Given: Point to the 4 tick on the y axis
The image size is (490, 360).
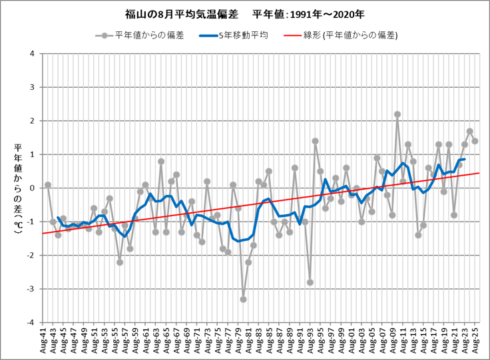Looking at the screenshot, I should click(31, 53).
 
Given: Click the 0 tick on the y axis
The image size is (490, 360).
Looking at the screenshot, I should click(31, 188).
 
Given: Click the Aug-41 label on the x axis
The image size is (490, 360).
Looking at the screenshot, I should click(44, 341).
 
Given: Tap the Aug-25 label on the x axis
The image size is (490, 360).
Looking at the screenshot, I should click(475, 341).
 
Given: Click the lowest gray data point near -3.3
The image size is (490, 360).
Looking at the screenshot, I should click(243, 299).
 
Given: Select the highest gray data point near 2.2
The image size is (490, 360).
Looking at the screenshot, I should click(397, 114).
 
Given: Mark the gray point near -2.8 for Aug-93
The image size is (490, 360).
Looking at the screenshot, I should click(310, 282).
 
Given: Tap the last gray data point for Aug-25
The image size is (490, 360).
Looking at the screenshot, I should click(475, 141).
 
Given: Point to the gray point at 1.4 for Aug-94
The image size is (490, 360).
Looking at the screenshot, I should click(315, 141).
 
